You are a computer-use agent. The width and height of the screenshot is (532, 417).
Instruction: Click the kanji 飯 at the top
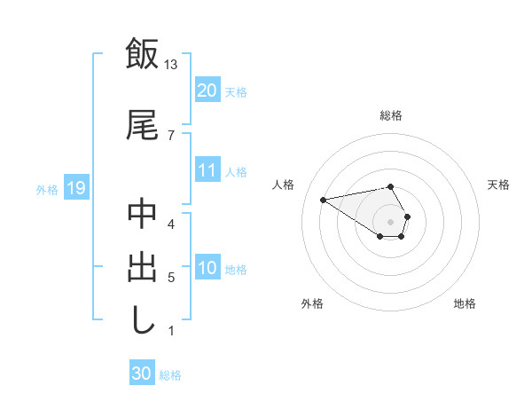tap(142, 54)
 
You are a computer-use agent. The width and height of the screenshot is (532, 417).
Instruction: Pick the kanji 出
tap(142, 267)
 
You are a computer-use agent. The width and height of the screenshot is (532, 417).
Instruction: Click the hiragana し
tap(142, 319)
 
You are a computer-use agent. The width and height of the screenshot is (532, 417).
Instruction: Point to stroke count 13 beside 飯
tap(171, 64)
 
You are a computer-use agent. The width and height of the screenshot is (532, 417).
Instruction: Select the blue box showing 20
tap(207, 90)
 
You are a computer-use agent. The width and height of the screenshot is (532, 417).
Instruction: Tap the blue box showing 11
tap(207, 170)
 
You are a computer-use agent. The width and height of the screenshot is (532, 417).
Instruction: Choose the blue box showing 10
tap(207, 269)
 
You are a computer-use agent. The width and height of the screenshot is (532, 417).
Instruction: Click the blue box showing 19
tap(75, 188)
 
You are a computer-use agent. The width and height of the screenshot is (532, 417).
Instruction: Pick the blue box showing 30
tap(142, 374)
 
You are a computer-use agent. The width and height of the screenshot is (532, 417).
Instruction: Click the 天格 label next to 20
tap(236, 91)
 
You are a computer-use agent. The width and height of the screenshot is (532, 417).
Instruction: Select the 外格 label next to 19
tap(47, 189)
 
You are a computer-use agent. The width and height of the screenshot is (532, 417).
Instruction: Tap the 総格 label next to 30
tap(170, 375)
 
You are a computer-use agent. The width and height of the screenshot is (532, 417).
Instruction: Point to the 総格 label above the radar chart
tap(391, 115)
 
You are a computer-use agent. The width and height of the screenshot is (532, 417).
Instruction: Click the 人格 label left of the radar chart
tap(285, 185)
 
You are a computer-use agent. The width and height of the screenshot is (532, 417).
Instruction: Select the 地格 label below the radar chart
tap(465, 303)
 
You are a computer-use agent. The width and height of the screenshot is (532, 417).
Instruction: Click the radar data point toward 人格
tap(324, 199)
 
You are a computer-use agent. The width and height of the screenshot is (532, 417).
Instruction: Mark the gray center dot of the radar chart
tap(390, 221)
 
